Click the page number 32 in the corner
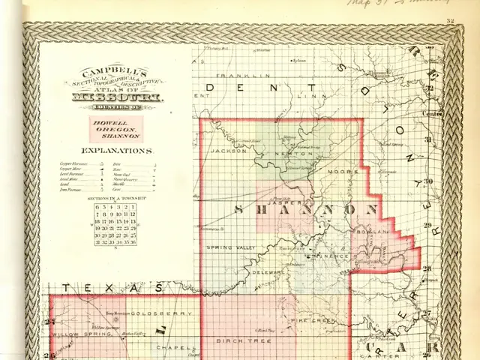450,21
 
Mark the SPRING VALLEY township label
226,247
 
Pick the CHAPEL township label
172,347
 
